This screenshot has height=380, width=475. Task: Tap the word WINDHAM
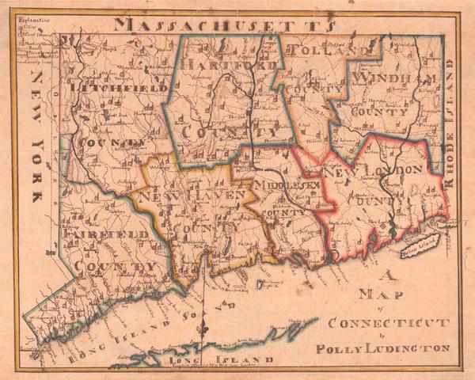point(396,78)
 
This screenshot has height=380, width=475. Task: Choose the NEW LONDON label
point(371,171)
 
